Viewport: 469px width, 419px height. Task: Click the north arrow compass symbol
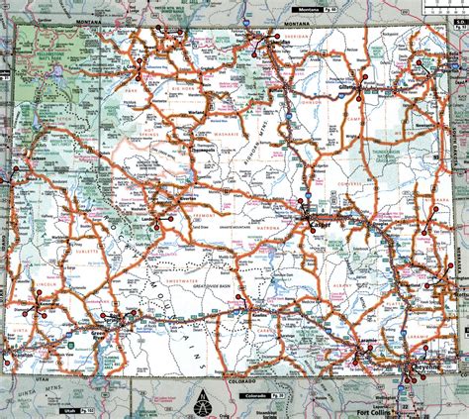(202, 405)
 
